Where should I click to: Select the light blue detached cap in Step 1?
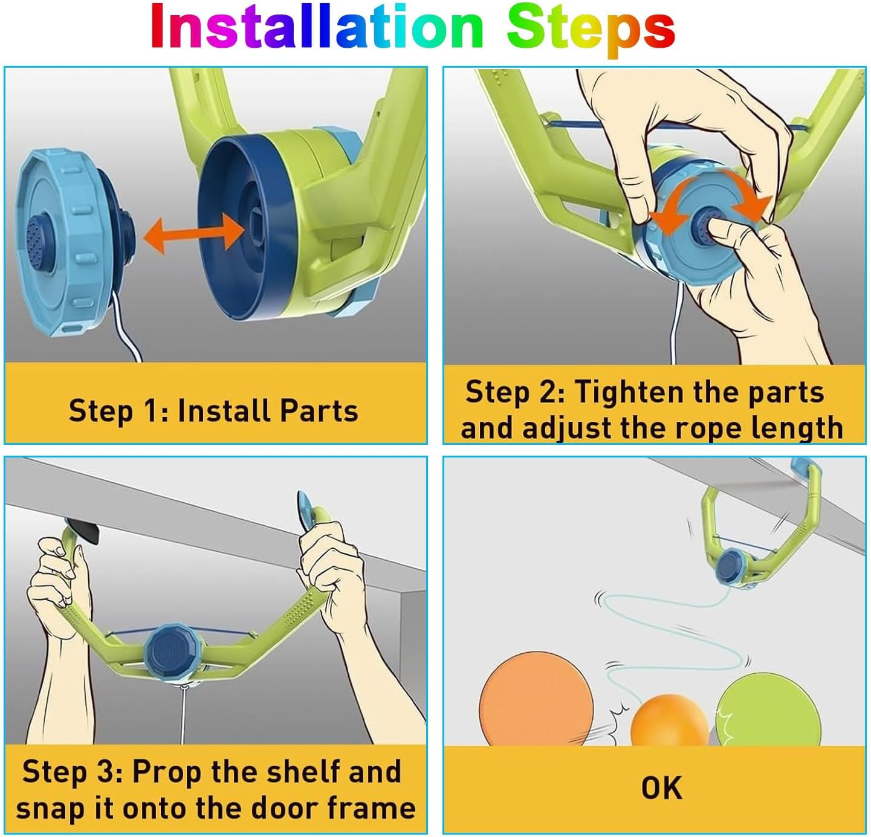pos(77,242)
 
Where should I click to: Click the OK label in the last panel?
pos(661,788)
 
